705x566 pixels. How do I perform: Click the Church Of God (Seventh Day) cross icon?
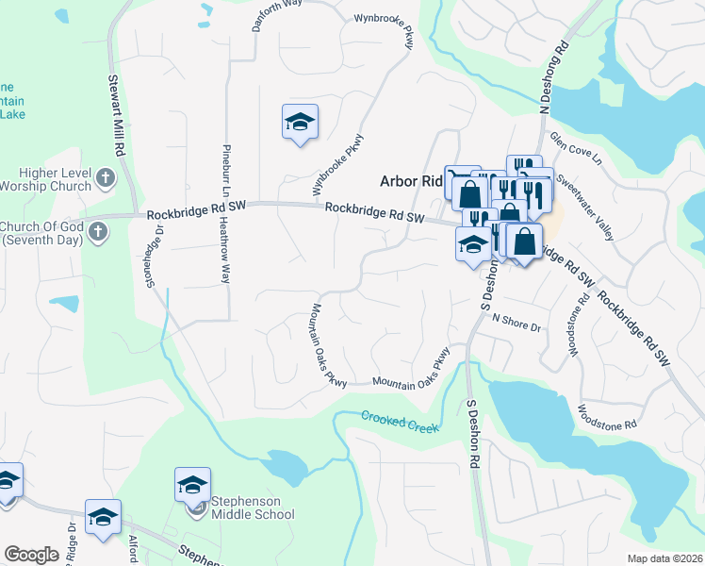point(96,232)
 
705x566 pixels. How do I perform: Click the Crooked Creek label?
point(400,422)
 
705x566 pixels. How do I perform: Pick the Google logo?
point(31,555)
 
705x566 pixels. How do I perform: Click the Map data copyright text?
point(664,558)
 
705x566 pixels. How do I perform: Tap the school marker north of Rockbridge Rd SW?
point(300,123)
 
